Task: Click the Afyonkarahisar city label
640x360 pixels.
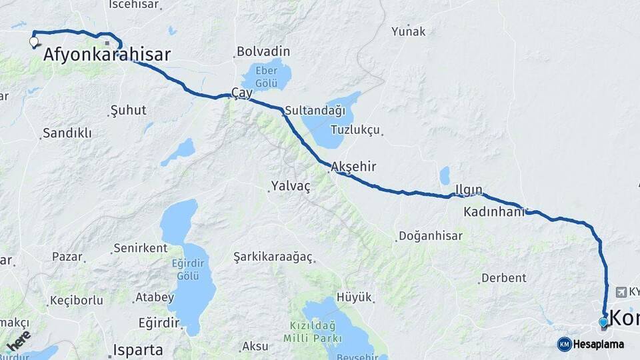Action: [107, 55]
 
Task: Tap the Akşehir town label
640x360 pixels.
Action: [353, 167]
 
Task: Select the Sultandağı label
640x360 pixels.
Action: [315, 110]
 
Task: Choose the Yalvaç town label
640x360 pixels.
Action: [291, 187]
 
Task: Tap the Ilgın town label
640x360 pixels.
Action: [469, 190]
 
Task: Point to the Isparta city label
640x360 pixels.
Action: [138, 349]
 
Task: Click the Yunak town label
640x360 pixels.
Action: [408, 31]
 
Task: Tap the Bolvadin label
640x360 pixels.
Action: [263, 51]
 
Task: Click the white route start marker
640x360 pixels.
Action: [34, 42]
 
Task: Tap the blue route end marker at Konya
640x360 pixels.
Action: [603, 323]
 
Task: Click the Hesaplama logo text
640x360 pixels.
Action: [599, 344]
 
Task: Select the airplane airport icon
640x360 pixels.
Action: [621, 292]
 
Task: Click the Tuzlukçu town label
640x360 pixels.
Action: [355, 130]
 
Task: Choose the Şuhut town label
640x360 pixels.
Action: [128, 110]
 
